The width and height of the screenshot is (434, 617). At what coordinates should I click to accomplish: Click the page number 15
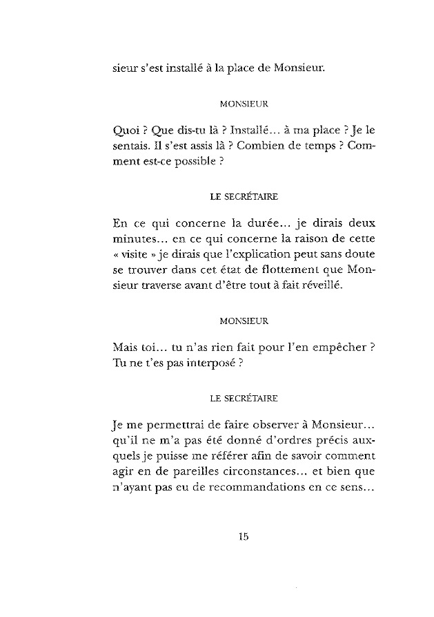[x=243, y=536]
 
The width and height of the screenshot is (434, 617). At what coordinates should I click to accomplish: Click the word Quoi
[x=124, y=130]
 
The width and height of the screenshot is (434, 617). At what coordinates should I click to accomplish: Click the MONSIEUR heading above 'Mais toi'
[x=243, y=321]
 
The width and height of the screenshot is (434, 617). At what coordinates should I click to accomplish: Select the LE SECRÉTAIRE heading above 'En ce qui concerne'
[x=243, y=196]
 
